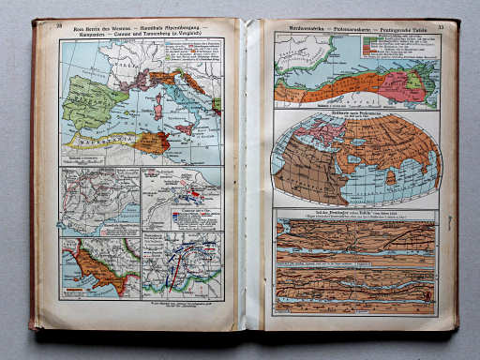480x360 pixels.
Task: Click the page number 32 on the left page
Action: pos(60,25)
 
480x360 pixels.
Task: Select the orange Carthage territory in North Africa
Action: pos(150,142)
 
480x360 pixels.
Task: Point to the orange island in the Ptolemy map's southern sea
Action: pos(389,176)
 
